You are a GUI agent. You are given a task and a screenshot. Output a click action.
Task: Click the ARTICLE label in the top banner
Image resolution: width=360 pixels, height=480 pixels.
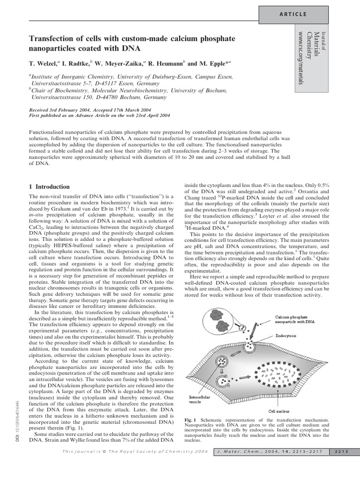(x=293, y=14)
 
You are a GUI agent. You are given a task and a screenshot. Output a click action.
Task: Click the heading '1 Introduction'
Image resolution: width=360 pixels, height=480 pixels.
(x=49, y=187)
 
